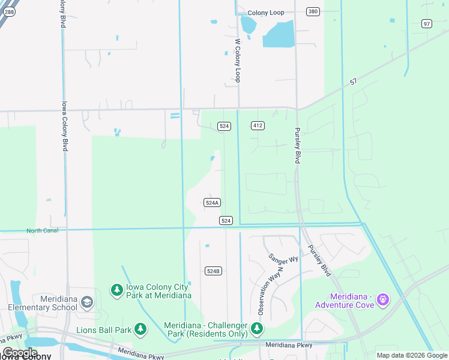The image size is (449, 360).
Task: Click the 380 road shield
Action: (x=312, y=11)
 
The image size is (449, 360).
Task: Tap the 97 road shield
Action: (x=427, y=23)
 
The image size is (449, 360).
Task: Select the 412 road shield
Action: (x=258, y=125)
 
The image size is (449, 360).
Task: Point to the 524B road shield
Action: (x=213, y=271)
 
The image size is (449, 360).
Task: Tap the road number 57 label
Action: (x=354, y=82)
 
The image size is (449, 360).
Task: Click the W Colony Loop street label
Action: (x=238, y=61)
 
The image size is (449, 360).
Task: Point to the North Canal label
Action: (x=42, y=231)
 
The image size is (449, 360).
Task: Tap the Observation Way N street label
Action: (x=271, y=291)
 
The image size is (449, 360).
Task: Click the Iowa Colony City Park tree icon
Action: (x=116, y=290)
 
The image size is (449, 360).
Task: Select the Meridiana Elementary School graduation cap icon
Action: (x=87, y=302)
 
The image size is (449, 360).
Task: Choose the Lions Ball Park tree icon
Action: (x=140, y=329)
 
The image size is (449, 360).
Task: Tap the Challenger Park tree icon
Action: (x=257, y=328)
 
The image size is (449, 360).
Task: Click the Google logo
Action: (x=20, y=353)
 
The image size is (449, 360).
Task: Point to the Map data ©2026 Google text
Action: (x=412, y=355)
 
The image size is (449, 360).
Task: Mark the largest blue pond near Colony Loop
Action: (x=279, y=34)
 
